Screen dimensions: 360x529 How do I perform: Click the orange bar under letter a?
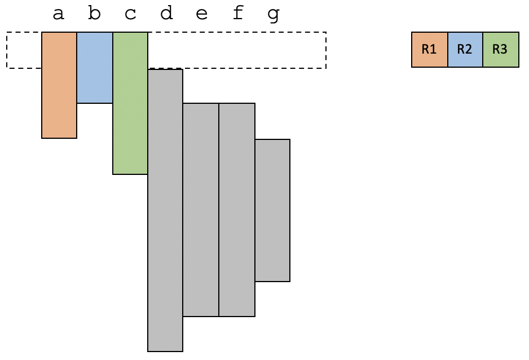click(x=59, y=85)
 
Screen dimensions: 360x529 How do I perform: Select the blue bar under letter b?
click(x=95, y=68)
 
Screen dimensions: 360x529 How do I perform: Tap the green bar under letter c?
click(x=130, y=103)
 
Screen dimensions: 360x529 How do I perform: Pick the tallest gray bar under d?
click(x=165, y=210)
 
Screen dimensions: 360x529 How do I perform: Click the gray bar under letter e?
click(x=201, y=209)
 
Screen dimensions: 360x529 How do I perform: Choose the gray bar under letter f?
click(x=237, y=209)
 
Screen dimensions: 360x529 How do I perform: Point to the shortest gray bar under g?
click(x=272, y=210)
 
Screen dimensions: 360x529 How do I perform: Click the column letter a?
click(x=58, y=14)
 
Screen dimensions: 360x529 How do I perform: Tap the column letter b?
click(x=94, y=13)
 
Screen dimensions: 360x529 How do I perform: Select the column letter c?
click(x=130, y=14)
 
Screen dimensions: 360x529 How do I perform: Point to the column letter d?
click(x=166, y=13)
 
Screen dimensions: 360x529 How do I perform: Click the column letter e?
click(x=201, y=14)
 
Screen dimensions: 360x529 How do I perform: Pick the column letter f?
click(x=238, y=13)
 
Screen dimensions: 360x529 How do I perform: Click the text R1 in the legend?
click(x=429, y=50)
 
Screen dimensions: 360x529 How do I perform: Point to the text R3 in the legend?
click(x=500, y=50)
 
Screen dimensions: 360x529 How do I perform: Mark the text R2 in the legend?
click(x=465, y=50)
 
